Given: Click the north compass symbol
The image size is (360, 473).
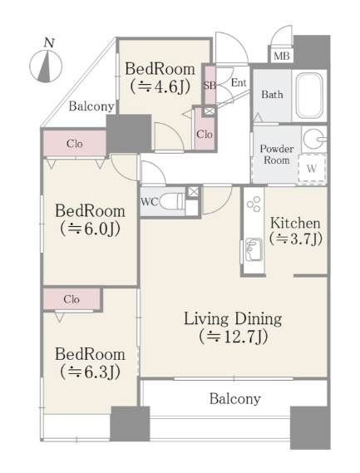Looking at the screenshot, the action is (46, 66).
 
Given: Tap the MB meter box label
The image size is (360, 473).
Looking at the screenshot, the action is (282, 56).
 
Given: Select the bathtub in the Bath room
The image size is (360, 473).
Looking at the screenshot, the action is (309, 96).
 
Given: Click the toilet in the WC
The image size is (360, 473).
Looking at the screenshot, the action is (171, 201).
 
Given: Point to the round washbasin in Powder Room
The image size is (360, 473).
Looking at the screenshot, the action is (313, 139).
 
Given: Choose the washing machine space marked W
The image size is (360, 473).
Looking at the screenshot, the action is (312, 168).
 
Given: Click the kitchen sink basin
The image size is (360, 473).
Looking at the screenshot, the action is (254, 249).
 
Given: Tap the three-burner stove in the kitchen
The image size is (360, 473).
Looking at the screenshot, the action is (254, 204).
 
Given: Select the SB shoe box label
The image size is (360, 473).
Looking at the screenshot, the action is (210, 86).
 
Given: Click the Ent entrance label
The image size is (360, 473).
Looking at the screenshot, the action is (239, 82).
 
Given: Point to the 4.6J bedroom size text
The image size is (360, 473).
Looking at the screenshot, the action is (160, 87).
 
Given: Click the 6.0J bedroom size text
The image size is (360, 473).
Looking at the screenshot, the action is (90, 229).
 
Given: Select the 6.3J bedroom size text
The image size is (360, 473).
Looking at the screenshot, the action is (90, 372).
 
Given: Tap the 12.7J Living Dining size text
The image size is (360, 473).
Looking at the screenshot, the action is (234, 337).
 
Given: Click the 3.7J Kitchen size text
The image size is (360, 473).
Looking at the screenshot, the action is (296, 239).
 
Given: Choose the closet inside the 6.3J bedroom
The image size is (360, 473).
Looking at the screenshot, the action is (72, 299).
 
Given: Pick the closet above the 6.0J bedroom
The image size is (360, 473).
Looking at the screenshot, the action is (75, 144).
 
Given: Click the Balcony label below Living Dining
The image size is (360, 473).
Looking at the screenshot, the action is (235, 399).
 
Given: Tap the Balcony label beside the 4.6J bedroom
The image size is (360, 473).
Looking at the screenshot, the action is (91, 106).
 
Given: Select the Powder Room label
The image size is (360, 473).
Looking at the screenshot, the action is (277, 155).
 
